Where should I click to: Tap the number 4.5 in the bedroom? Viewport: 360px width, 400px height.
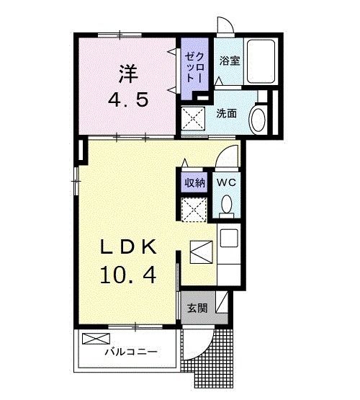(129, 99)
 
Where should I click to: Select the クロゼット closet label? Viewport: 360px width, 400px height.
(194, 66)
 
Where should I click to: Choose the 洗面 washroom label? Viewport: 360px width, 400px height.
(226, 113)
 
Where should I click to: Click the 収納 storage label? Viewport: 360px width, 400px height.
(193, 182)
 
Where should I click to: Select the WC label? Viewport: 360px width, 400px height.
(227, 182)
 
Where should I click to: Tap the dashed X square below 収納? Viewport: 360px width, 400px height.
(192, 208)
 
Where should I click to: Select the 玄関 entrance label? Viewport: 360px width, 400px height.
(197, 308)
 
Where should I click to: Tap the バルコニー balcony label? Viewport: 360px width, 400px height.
(130, 352)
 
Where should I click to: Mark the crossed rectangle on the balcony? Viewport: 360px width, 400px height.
(94, 338)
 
